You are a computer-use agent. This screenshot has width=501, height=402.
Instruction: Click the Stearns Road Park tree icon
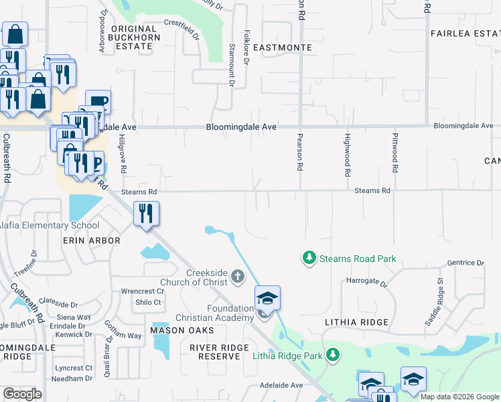[309, 258]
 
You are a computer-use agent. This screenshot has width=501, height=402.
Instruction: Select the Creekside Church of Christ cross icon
[237, 276]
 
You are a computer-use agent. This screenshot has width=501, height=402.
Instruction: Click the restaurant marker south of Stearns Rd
[146, 214]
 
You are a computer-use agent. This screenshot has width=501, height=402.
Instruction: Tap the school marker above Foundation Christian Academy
[267, 297]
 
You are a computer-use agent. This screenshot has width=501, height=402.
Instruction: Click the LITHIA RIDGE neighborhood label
[356, 322]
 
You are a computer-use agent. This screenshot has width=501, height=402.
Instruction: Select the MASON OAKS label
[182, 330]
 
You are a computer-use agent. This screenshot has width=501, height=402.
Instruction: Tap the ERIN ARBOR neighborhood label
[91, 240]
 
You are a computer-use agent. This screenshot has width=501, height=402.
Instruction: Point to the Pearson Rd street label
[300, 151]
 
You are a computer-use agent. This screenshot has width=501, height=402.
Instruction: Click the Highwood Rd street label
[347, 155]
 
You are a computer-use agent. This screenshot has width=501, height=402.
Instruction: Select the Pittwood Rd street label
[395, 155]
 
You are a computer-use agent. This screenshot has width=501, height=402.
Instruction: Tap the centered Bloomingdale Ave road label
[241, 126]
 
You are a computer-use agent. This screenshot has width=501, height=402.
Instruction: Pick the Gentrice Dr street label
[465, 263]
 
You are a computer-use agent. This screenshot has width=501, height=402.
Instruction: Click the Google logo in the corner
[22, 394]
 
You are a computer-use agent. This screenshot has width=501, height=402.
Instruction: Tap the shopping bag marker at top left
[14, 33]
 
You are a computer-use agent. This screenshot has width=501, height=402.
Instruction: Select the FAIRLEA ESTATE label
[465, 33]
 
